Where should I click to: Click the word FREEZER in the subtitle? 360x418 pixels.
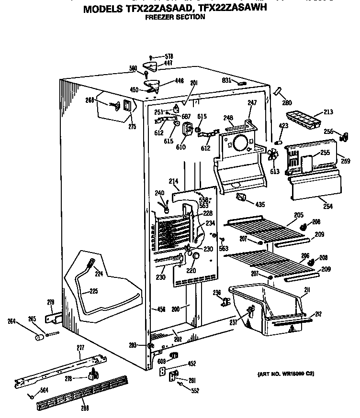point(157,17)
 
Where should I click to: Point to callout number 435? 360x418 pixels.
point(259,205)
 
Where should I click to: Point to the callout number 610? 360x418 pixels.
point(180,147)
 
